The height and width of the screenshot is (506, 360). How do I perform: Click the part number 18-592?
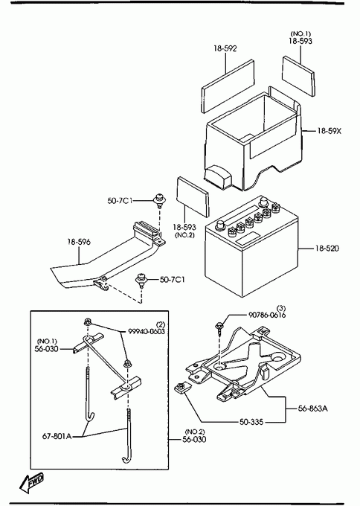tap(225, 48)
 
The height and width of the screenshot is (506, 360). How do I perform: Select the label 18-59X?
tap(329, 131)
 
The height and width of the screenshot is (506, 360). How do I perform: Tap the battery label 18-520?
tap(327, 248)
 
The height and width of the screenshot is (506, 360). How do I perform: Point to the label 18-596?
tap(79, 242)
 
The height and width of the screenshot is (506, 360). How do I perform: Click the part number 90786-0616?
tap(267, 315)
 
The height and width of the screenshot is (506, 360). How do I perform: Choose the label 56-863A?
tap(312, 409)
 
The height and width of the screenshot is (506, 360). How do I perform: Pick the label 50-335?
tap(251, 422)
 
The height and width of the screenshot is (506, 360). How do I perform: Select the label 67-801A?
tap(57, 436)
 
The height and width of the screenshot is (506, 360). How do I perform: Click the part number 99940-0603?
tap(147, 331)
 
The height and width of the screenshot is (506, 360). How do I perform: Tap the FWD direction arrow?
tap(31, 483)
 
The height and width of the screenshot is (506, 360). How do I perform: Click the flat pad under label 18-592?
tap(228, 86)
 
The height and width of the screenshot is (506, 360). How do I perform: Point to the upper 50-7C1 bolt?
tap(158, 201)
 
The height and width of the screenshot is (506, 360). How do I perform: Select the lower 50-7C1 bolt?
tap(141, 280)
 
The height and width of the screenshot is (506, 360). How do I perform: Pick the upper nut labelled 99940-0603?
tap(88, 321)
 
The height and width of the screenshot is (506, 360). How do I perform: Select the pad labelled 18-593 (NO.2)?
tap(193, 196)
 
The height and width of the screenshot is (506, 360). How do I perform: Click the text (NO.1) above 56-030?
tap(47, 341)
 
